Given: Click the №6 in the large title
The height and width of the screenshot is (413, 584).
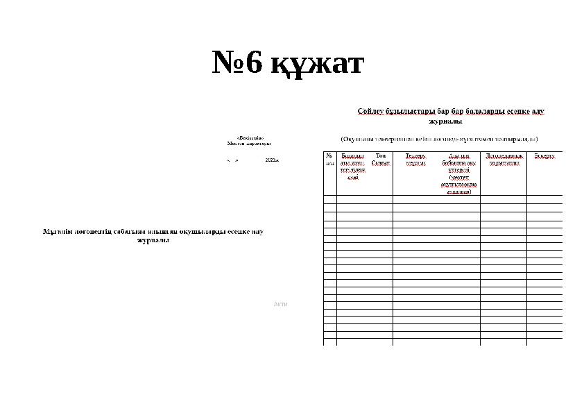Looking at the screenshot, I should (238, 65).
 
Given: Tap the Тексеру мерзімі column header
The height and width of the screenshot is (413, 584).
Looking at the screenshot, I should (415, 160).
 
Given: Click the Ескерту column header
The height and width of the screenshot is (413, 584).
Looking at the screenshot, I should (544, 156).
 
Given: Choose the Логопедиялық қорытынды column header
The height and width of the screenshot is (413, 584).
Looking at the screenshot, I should (503, 160).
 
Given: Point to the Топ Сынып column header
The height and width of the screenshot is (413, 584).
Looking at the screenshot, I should (380, 159).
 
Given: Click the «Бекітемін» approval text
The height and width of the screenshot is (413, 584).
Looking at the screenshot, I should (250, 138).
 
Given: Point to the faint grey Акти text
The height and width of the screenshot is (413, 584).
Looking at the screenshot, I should (280, 304).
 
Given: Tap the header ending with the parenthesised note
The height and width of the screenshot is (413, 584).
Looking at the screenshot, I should (458, 174).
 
